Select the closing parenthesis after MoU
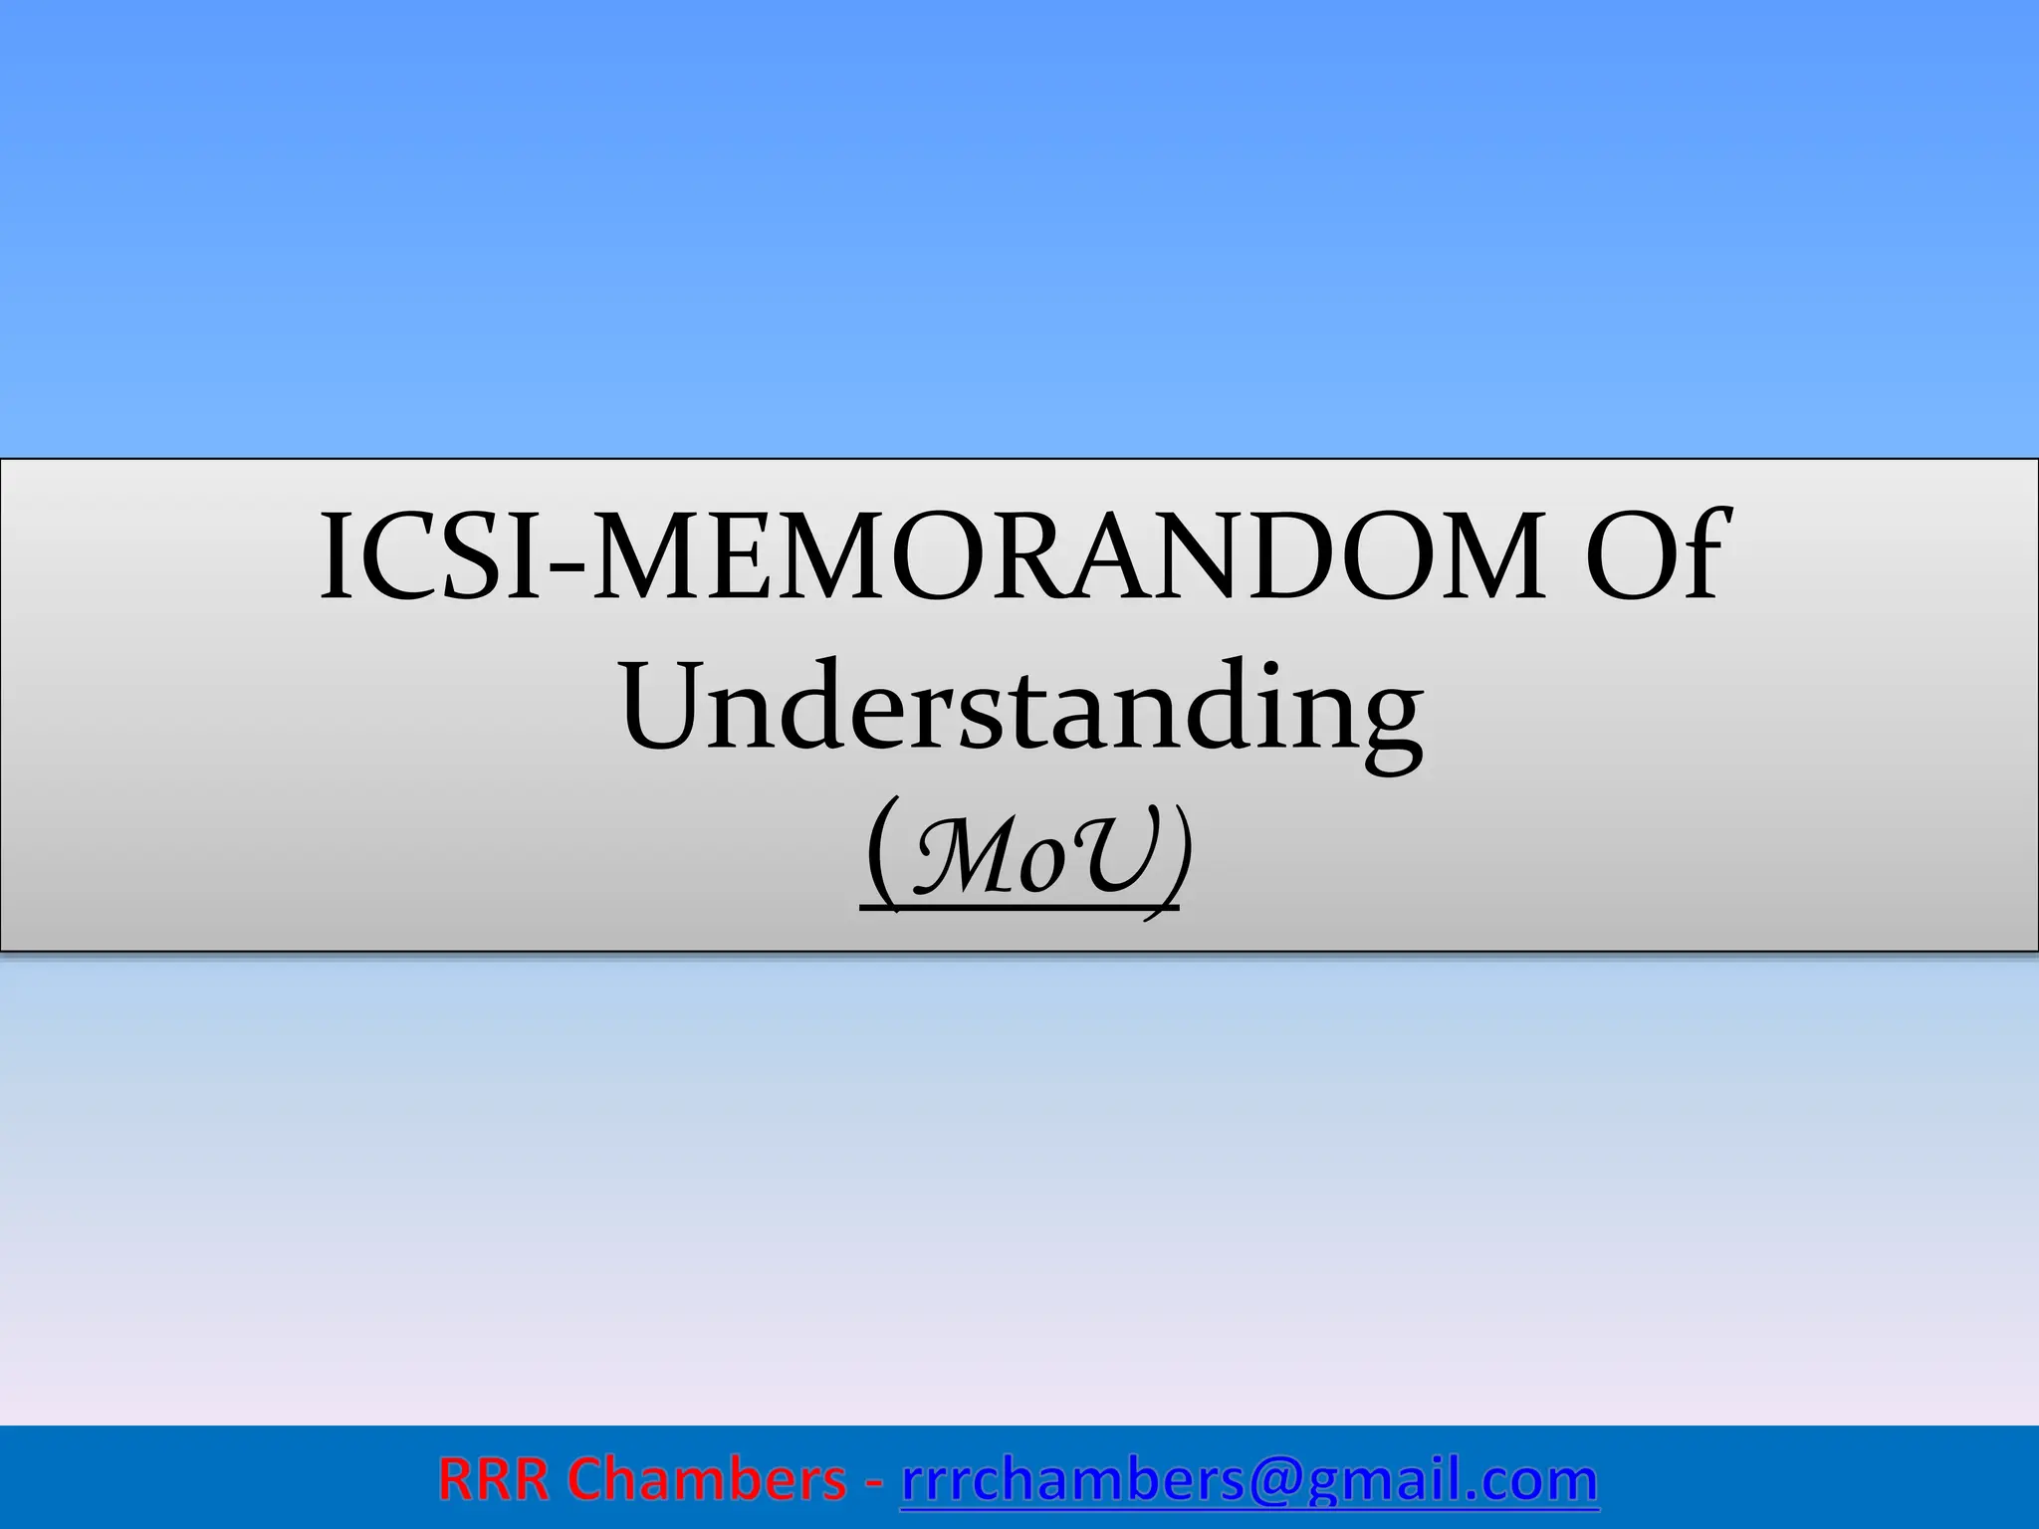(x=1176, y=856)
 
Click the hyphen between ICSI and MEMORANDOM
(x=566, y=572)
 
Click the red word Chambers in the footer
(x=707, y=1480)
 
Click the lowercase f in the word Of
(x=1699, y=553)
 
